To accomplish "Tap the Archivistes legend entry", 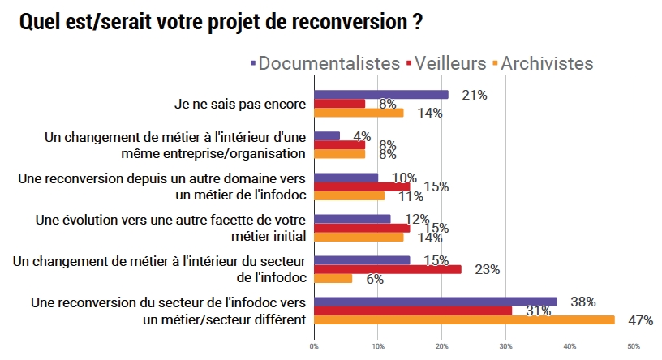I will tap(548, 63).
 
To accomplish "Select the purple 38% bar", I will tap(435, 302).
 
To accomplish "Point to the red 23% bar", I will tap(387, 268).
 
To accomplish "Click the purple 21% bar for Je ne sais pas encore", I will tap(380, 95).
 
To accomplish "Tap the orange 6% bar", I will tap(333, 277).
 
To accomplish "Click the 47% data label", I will tap(640, 320).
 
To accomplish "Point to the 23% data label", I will tap(487, 269).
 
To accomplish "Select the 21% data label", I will tap(474, 95).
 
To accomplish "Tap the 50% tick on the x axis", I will tap(634, 346).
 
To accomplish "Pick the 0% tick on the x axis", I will tap(314, 346).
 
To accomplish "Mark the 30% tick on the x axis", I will tap(505, 346).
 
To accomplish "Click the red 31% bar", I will tap(412, 311).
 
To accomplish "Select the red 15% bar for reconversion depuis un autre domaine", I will tap(361, 186).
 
